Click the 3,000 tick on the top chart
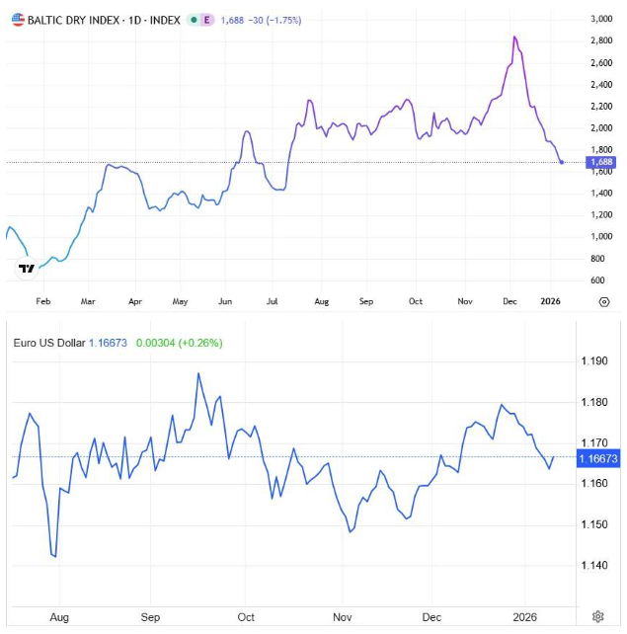600,19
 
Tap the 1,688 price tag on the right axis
600,162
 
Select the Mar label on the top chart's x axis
88,302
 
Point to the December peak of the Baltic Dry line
514,38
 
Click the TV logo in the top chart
28,268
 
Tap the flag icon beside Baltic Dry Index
18,20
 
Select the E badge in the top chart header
205,20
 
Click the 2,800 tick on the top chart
600,40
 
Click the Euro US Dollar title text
49,343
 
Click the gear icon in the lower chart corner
597,617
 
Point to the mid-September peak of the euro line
198,373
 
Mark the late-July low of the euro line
54,556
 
